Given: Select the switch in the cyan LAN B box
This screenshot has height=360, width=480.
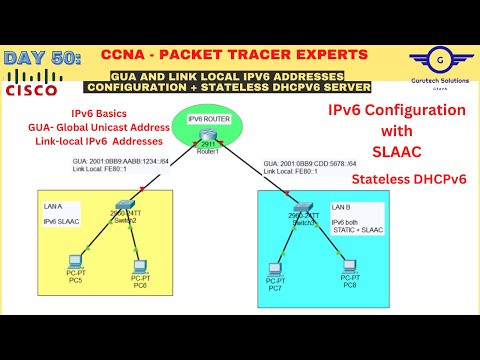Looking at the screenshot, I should [x=305, y=219].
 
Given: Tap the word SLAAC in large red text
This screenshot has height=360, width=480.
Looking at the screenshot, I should [x=397, y=151].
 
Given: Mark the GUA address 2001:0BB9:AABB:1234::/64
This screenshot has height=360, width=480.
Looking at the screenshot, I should [x=120, y=160].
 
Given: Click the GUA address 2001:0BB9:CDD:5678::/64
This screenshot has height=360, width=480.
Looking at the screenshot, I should [x=311, y=162].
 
